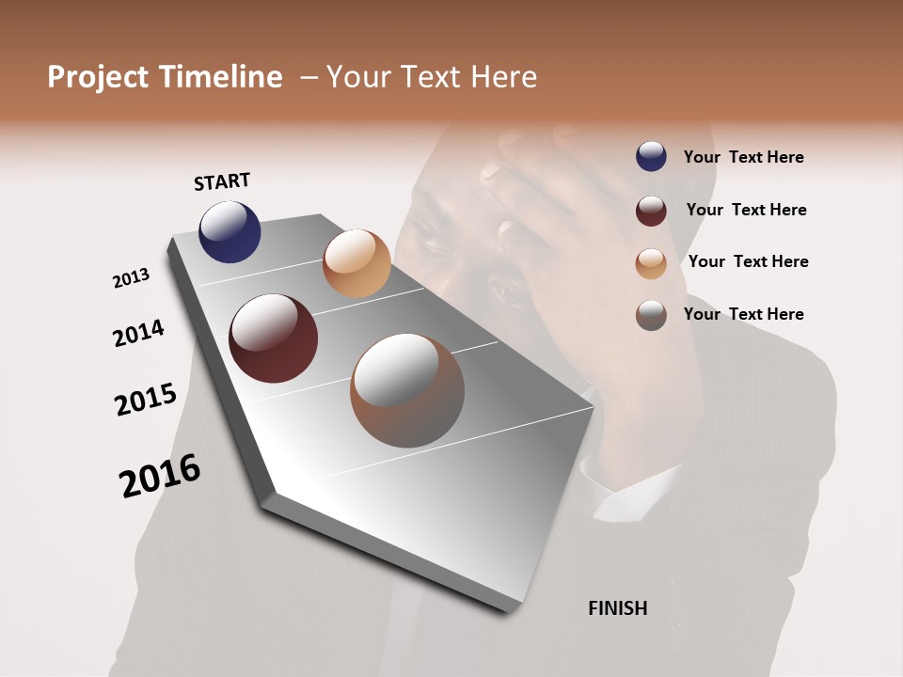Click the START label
pos(222,181)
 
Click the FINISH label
pos(617,608)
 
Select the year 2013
pos(131,278)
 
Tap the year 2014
pos(138,333)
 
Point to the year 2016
pos(160,475)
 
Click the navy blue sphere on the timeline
pos(230,231)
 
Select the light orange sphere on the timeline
pos(356,263)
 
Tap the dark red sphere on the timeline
pos(273,338)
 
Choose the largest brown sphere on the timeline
pos(406,390)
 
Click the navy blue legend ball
pos(651,157)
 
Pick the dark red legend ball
pos(651,211)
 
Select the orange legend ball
pos(651,263)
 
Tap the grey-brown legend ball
pos(651,315)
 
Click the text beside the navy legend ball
pos(743,157)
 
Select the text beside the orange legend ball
pos(748,261)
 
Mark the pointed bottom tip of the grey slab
pos(509,612)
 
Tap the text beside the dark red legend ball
pos(746,210)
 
